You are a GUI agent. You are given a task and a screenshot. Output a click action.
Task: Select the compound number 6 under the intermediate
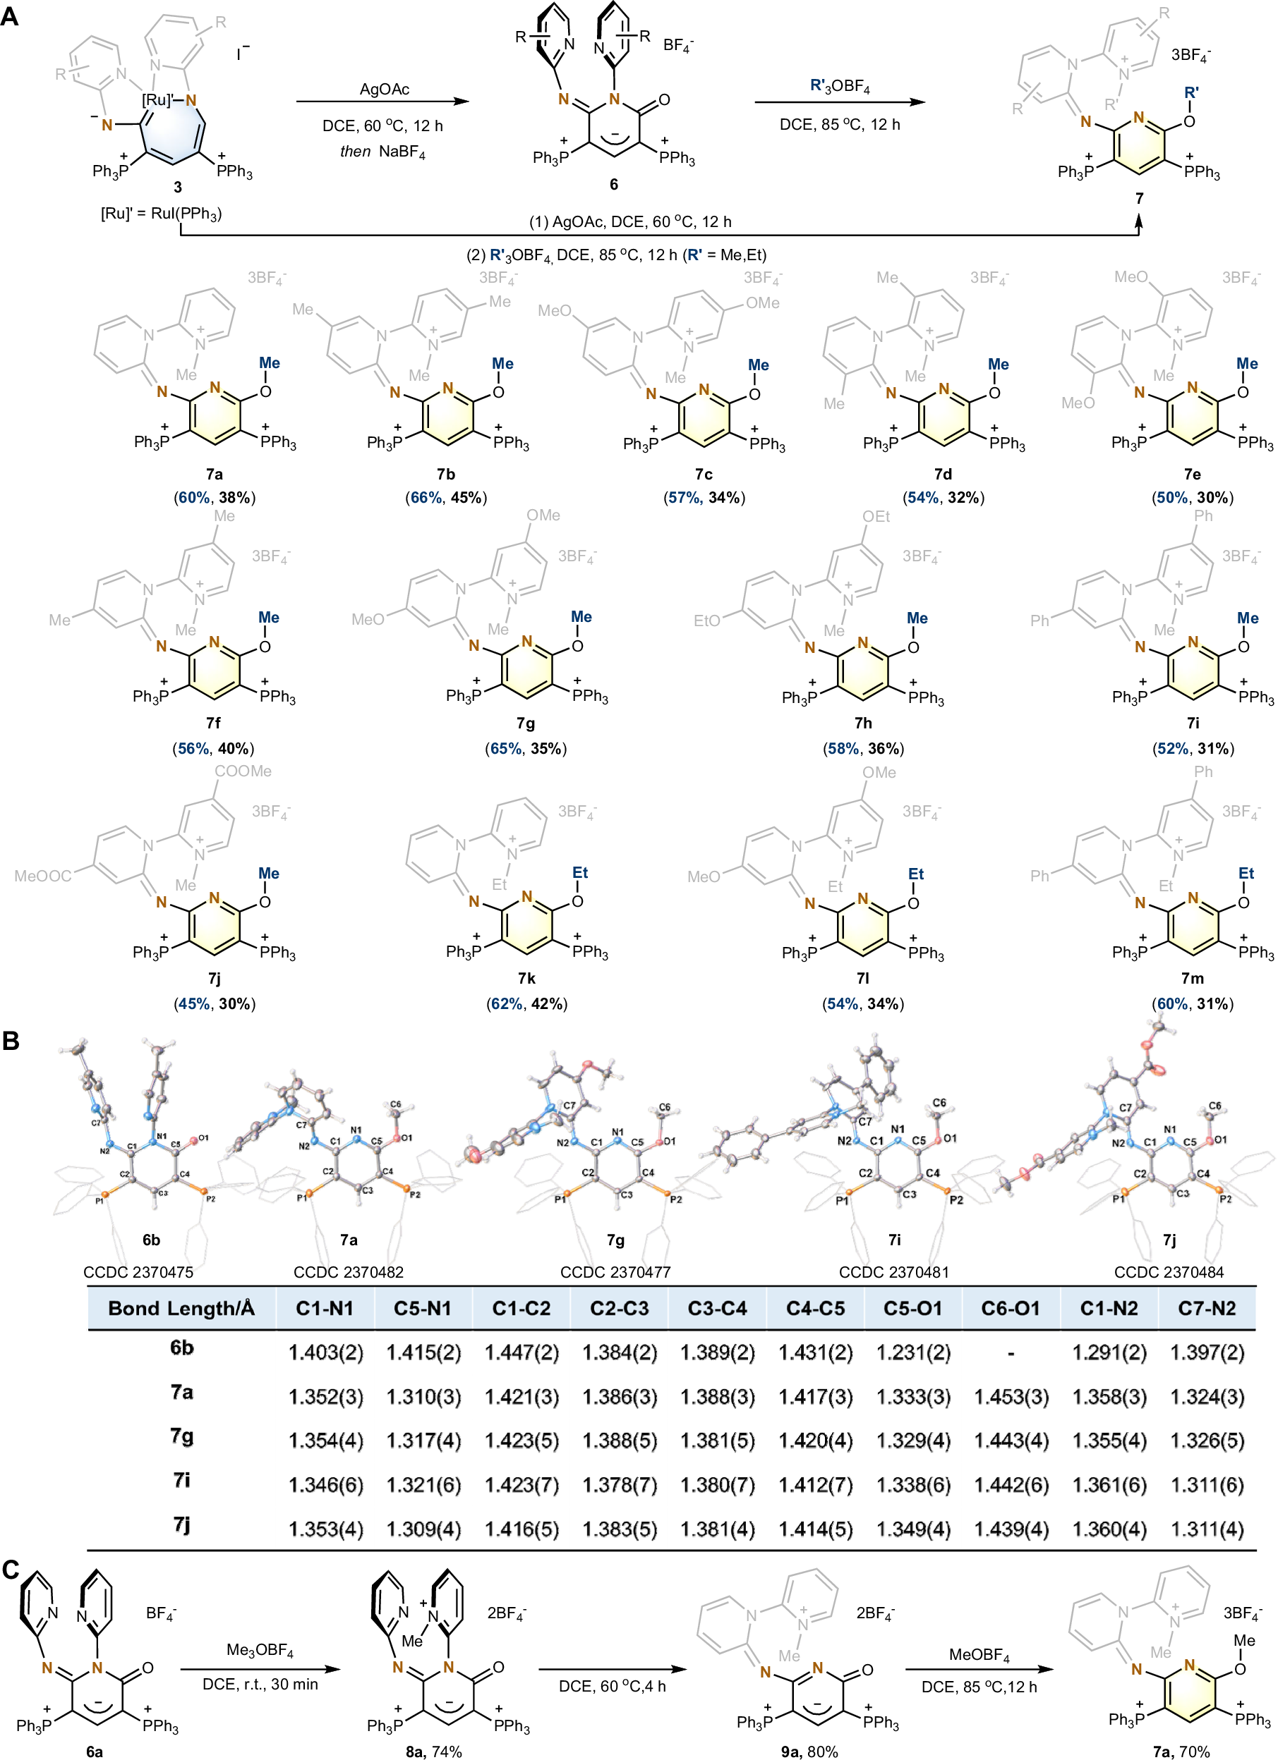613,184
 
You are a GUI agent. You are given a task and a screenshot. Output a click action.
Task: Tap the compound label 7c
704,474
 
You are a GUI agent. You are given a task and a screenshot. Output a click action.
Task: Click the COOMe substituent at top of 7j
243,771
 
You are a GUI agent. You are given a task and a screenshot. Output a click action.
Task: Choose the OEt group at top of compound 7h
876,516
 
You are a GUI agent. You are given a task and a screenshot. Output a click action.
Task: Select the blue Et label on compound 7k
580,872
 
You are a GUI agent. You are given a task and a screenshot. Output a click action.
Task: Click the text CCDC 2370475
138,1272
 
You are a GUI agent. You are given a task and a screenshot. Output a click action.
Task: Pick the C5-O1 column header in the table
912,1308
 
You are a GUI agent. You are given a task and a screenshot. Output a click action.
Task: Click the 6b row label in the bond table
181,1348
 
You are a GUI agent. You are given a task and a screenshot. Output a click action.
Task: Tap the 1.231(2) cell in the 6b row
913,1352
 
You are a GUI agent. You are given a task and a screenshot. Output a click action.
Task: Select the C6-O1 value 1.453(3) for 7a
1011,1397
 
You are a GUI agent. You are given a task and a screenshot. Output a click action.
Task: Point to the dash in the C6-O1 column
1011,1353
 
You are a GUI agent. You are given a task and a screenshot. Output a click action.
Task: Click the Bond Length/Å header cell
181,1308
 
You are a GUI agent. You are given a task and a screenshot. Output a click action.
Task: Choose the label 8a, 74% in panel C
433,1752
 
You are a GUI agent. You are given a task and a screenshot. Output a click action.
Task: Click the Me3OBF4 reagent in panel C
259,1650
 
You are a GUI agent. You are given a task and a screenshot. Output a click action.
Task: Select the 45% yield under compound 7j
193,1003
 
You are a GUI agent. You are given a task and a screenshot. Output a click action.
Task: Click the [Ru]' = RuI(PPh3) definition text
161,214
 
